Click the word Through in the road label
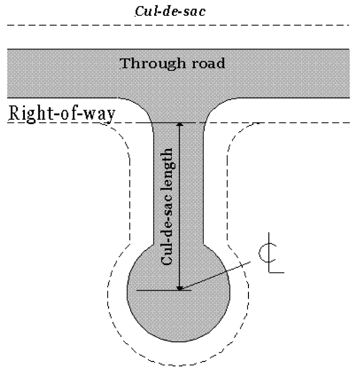[146, 63]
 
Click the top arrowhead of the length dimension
[180, 125]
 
